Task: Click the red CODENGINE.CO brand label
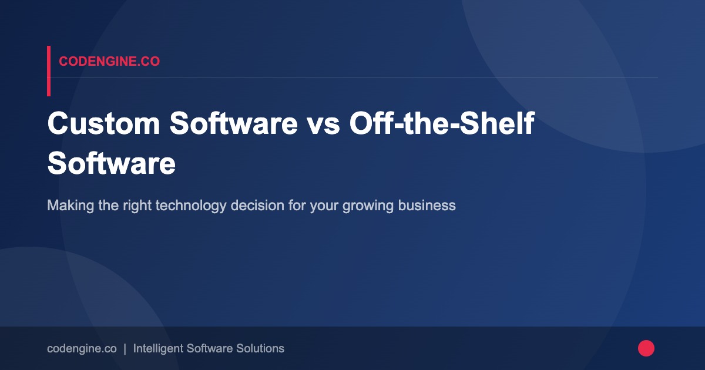(x=109, y=61)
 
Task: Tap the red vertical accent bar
(x=49, y=71)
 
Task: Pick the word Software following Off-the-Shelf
(x=112, y=163)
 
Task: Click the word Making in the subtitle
(x=66, y=206)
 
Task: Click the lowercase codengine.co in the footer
(x=82, y=348)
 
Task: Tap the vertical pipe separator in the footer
(x=125, y=348)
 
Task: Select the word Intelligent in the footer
(x=157, y=348)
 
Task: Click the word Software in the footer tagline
(x=207, y=348)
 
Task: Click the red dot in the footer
(x=646, y=348)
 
